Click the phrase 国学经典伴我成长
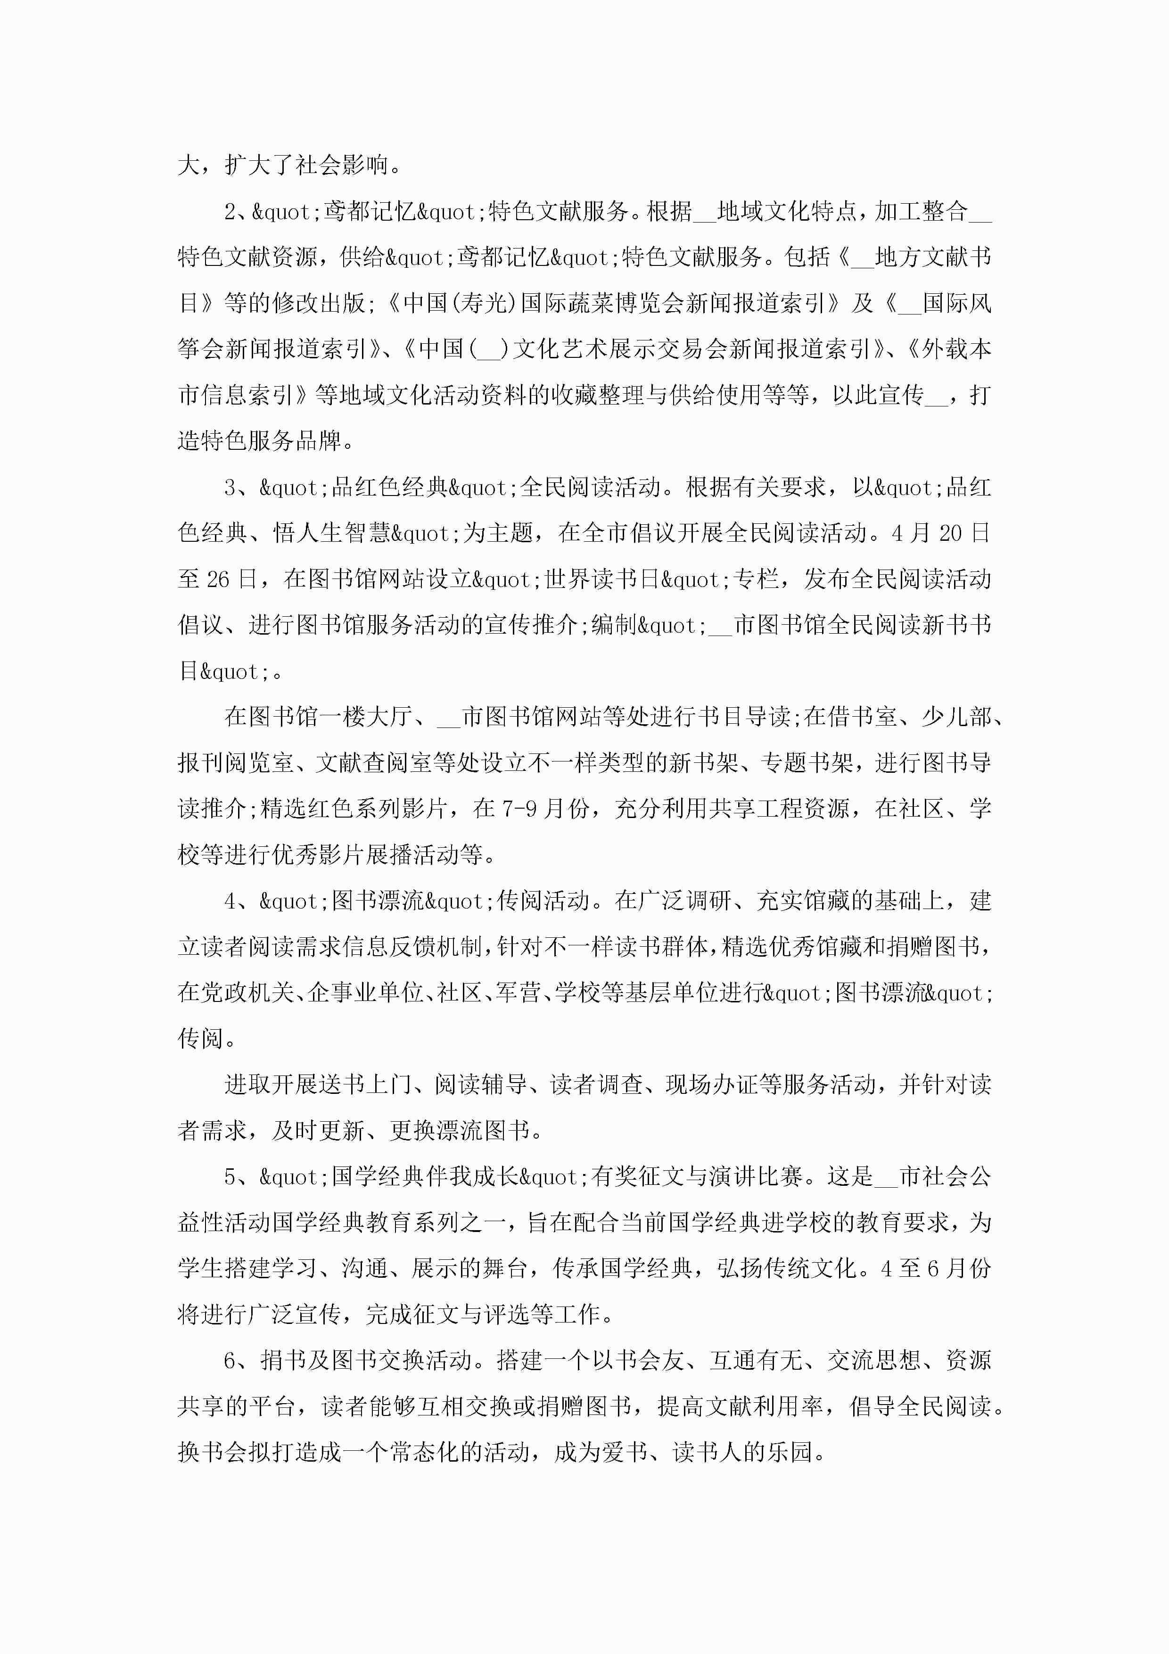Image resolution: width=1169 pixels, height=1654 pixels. point(425,1177)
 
